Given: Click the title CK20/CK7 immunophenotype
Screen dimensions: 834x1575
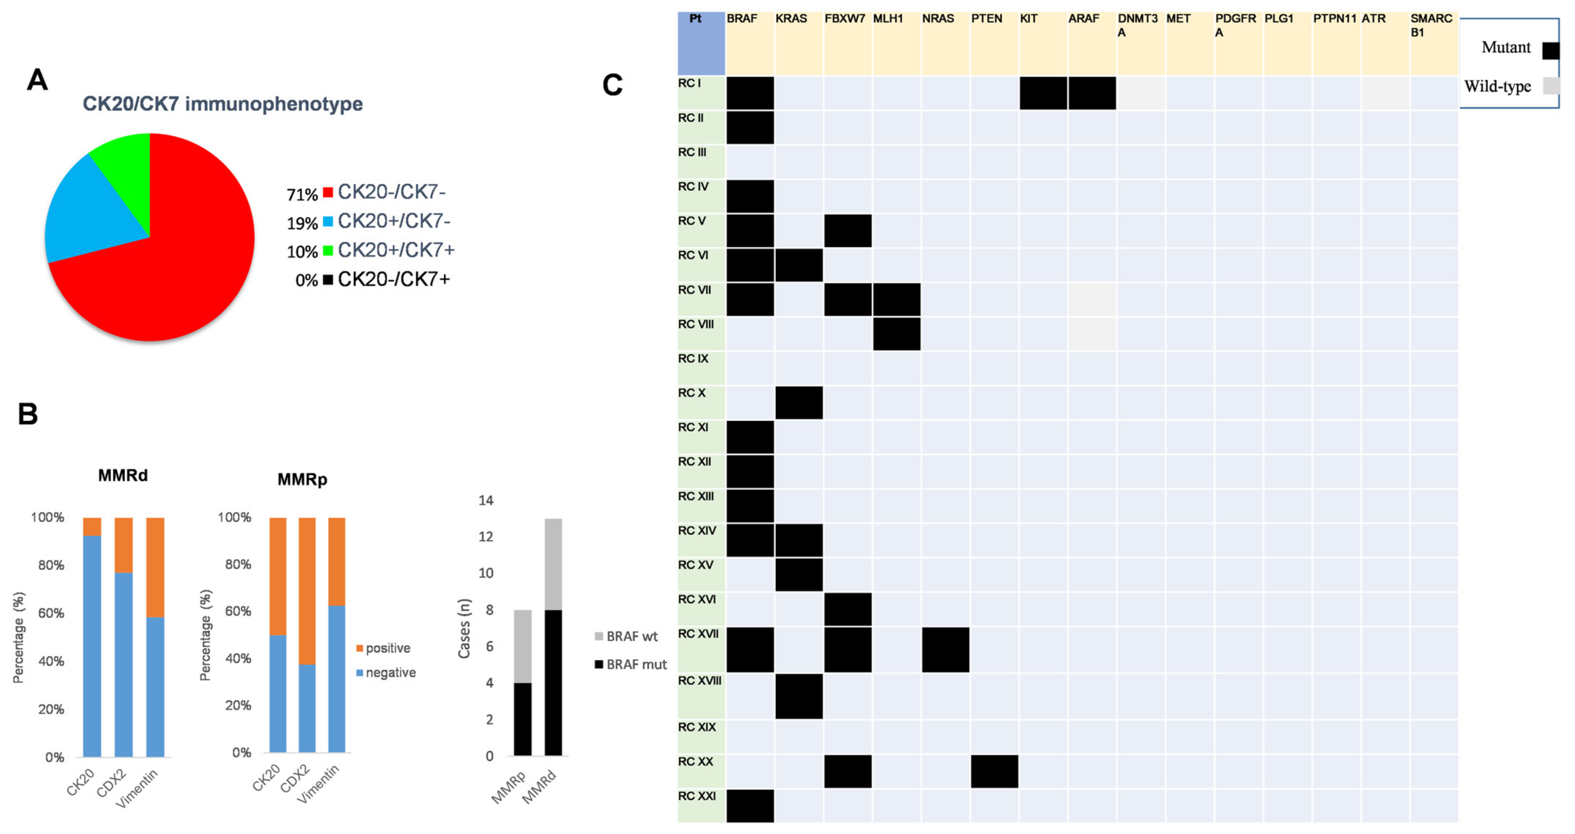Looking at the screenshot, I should coord(222,104).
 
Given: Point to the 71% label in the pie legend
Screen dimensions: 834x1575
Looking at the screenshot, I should coord(302,195).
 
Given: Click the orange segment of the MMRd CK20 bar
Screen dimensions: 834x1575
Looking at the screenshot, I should coord(92,526).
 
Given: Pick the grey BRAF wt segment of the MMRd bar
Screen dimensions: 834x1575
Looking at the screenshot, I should coord(553,564).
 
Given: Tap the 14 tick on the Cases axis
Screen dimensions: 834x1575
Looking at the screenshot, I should coord(486,500).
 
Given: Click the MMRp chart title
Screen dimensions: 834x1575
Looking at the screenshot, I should coord(302,479).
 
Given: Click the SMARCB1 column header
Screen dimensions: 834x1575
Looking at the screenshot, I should coord(1431,25).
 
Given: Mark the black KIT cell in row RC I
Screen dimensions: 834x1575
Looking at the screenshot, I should coord(1043,93).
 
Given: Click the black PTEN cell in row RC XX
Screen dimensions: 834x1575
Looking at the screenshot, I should coord(994,771).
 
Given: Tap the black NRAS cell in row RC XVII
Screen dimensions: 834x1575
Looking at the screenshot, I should coord(945,649).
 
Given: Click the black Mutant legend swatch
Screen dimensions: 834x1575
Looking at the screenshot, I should coord(1550,50).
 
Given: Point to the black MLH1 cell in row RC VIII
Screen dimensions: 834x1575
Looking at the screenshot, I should coord(896,334).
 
